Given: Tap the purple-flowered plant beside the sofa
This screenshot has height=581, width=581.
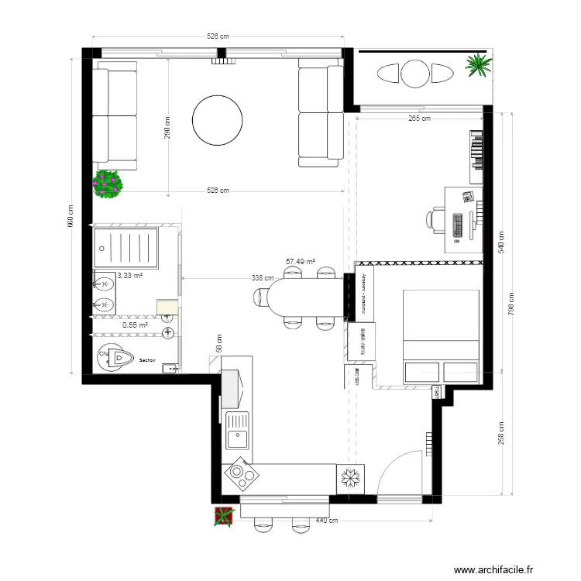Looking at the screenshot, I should point(108,184).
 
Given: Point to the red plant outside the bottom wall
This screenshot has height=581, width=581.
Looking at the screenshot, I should point(224,516).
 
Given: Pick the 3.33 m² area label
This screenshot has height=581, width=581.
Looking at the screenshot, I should point(129,275).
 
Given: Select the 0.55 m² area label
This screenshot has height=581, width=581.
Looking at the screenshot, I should point(135,325).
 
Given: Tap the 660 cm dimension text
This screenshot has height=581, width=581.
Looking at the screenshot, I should point(70,216).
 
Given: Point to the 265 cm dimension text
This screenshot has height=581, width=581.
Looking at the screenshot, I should point(419,119).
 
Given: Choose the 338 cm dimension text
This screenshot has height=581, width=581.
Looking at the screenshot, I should point(263,277).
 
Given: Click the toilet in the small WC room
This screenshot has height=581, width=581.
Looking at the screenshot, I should point(116,357).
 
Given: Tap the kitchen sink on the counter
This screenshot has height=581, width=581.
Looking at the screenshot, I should point(236,431).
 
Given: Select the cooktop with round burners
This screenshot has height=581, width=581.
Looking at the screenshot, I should point(241,475).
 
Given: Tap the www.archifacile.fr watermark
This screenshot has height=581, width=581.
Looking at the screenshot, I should point(494,569).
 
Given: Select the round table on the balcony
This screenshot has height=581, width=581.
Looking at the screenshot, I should point(414,74).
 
